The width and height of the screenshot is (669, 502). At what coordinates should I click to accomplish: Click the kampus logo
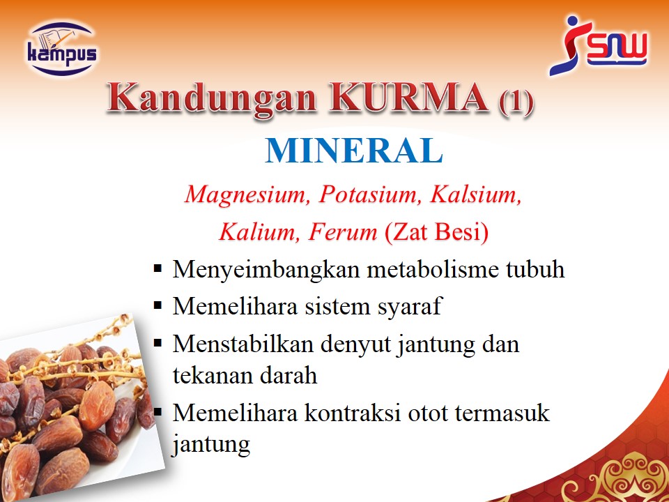click(62, 49)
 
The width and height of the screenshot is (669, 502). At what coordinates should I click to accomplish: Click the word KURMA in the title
click(409, 98)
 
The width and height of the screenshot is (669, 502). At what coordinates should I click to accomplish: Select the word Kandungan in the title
click(212, 99)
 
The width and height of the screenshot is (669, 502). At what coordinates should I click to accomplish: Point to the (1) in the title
click(516, 102)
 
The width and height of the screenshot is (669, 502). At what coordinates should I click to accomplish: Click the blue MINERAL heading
click(354, 151)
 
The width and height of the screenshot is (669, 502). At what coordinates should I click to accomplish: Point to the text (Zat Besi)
click(436, 233)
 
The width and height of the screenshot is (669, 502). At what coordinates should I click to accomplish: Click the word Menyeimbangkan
click(266, 270)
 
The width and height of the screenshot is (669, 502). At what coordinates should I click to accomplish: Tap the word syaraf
click(409, 307)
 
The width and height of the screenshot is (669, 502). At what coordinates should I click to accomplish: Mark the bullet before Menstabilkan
click(158, 343)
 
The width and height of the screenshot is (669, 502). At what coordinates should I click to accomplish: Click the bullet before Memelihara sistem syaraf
click(158, 305)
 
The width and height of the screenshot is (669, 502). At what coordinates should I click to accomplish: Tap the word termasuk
click(502, 413)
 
